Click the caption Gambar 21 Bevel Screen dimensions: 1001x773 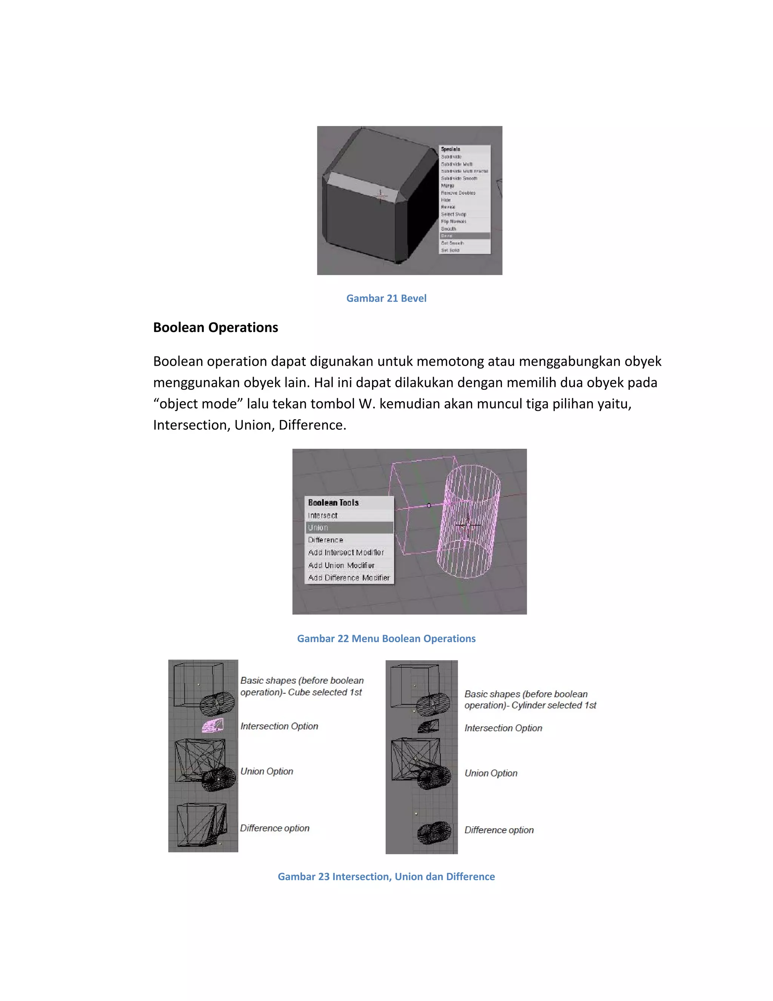pyautogui.click(x=386, y=298)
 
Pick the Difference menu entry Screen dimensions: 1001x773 pyautogui.click(x=326, y=540)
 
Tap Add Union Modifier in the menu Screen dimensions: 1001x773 pyautogui.click(x=341, y=565)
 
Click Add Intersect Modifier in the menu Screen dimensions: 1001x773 pyautogui.click(x=346, y=552)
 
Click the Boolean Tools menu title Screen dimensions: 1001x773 pyautogui.click(x=333, y=502)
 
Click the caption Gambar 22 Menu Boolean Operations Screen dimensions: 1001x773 pyautogui.click(x=386, y=638)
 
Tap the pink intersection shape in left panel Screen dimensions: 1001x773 pyautogui.click(x=213, y=725)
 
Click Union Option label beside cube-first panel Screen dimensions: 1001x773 pyautogui.click(x=266, y=771)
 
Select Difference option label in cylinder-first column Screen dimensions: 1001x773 pyautogui.click(x=499, y=830)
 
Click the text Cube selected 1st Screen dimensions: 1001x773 pyautogui.click(x=325, y=692)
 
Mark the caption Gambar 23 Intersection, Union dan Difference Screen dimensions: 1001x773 pyautogui.click(x=386, y=876)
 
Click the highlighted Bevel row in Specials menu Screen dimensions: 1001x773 pyautogui.click(x=464, y=236)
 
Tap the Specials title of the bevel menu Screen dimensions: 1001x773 pyautogui.click(x=451, y=149)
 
